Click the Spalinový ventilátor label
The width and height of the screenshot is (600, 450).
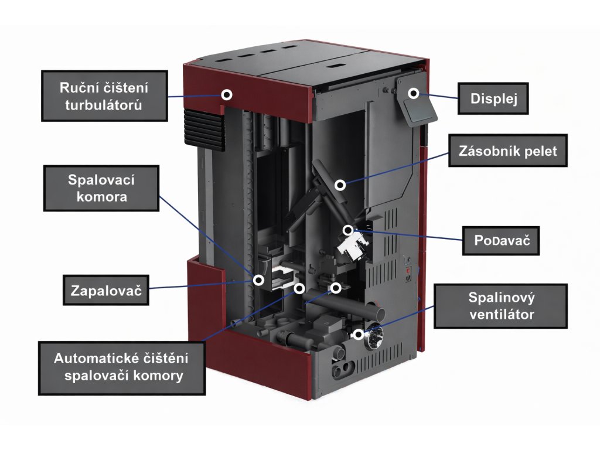tap(501, 306)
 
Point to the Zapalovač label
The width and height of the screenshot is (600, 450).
tap(105, 290)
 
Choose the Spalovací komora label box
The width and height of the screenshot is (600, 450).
tap(101, 187)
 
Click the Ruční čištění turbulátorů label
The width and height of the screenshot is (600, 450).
tap(104, 97)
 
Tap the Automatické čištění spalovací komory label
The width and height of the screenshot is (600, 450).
tap(121, 367)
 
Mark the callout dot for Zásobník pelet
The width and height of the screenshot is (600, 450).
tap(340, 185)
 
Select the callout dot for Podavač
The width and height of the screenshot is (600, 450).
tap(348, 230)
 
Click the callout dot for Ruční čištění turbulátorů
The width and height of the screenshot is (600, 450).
tap(226, 94)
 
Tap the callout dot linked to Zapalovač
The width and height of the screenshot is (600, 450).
tap(257, 280)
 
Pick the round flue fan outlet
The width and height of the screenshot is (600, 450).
tap(374, 337)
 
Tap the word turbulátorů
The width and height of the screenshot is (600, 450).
tap(104, 105)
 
